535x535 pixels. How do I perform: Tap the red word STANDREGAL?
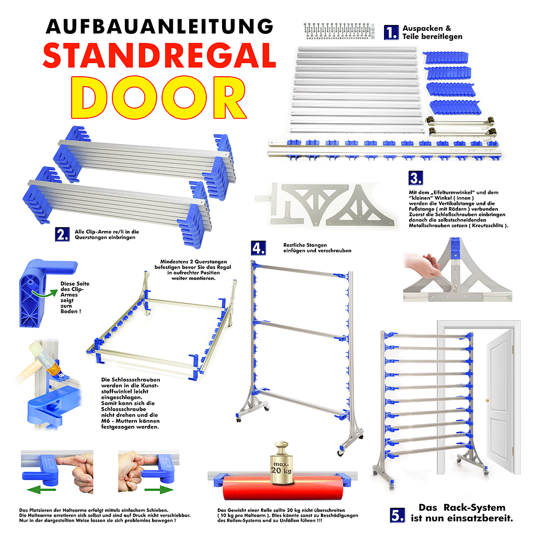159,55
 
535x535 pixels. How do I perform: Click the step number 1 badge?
391,32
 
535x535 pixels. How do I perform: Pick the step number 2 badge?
62,234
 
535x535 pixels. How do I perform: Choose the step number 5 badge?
397,515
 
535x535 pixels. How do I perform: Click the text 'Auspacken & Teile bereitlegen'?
432,32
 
